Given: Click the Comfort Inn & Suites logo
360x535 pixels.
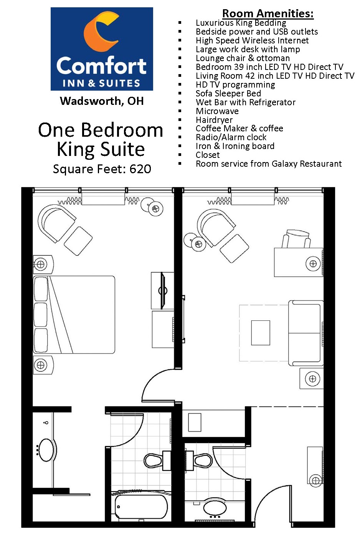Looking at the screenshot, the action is click(102, 49).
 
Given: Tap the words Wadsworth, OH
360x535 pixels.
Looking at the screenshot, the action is click(102, 101).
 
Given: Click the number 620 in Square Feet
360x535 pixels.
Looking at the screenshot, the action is click(140, 169).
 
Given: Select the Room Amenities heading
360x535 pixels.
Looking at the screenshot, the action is click(268, 13).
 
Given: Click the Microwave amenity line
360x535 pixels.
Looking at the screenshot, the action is click(217, 111).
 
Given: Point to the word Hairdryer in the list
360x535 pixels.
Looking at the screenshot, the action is click(214, 120).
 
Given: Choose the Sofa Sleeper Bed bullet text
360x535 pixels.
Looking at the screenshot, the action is click(228, 93).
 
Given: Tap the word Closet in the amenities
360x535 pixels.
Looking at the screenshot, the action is click(208, 155).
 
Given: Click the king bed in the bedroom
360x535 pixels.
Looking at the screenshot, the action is click(74, 315).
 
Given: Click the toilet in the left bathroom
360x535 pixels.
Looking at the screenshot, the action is click(154, 460).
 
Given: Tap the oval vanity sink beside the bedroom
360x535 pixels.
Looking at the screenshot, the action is click(46, 450).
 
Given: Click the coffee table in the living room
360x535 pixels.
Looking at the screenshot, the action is click(261, 333).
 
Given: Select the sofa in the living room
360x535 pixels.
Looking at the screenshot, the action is click(306, 333).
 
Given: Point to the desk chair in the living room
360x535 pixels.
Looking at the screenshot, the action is click(296, 239).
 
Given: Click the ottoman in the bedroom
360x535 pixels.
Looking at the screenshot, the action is click(78, 241).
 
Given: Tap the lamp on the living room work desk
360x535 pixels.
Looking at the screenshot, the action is click(313, 264).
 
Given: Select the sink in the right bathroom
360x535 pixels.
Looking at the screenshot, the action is click(215, 508).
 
